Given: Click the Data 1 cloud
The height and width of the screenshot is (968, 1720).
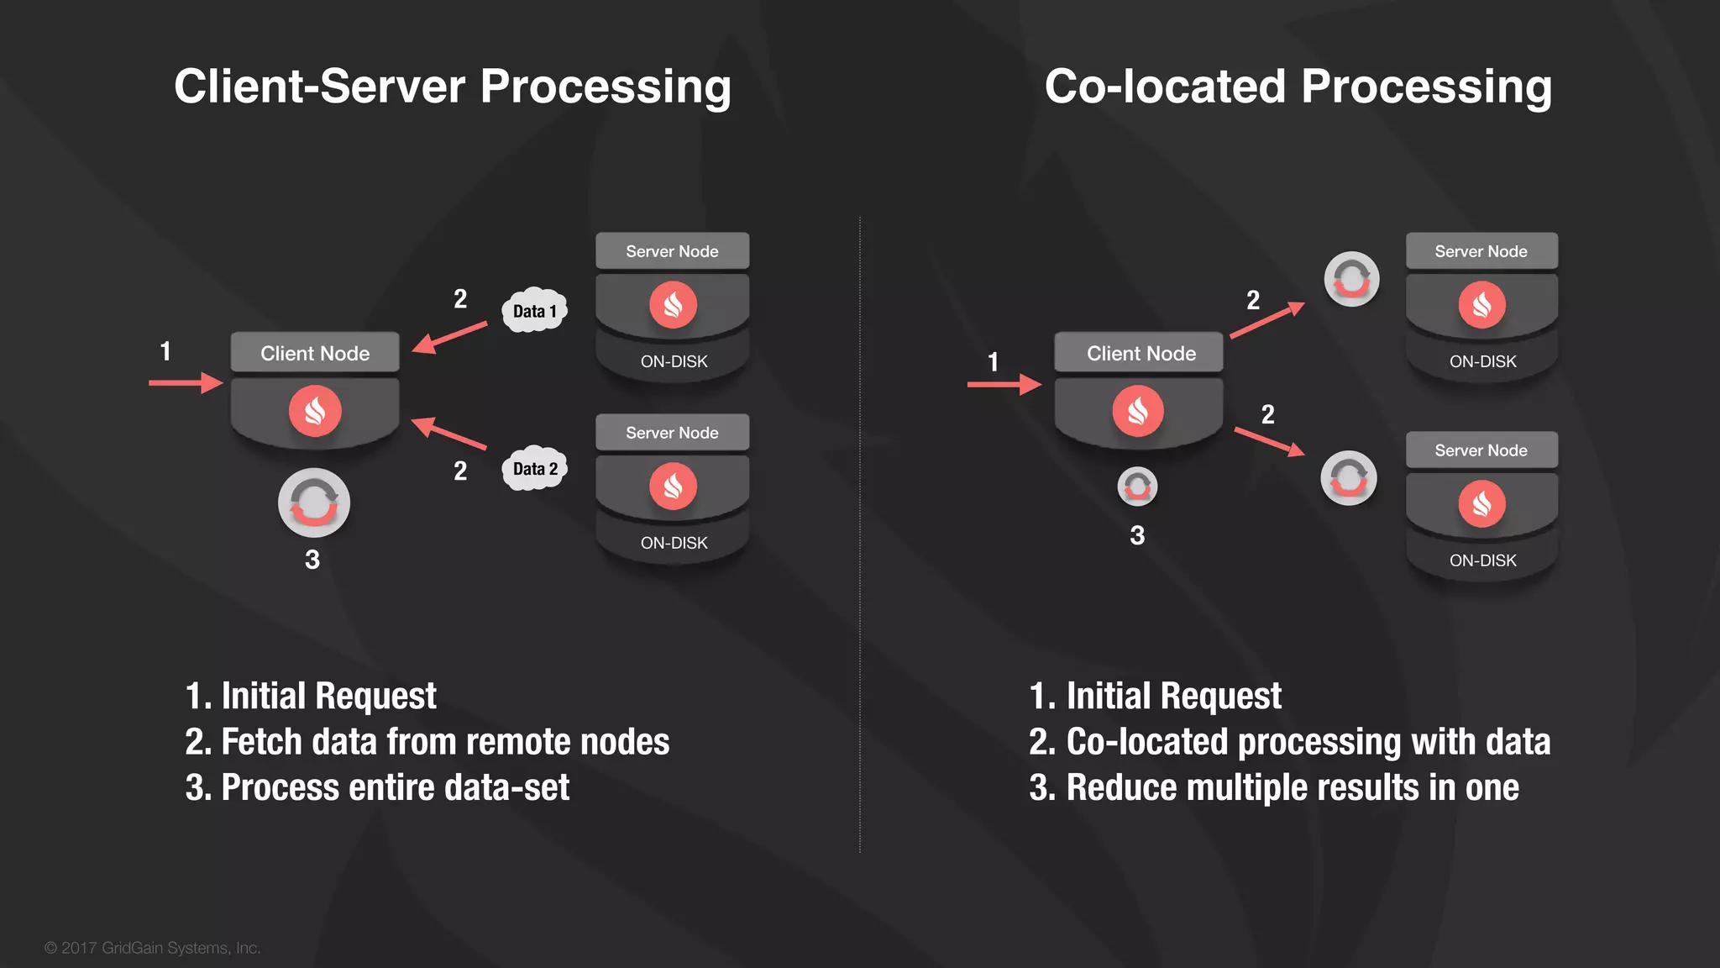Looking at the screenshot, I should click(x=534, y=311).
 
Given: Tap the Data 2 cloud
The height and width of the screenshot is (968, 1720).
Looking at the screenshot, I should click(x=534, y=469).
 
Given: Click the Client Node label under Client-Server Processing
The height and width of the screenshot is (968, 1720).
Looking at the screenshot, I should click(x=315, y=353).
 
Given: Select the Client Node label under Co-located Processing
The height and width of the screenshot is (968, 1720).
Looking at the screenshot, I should click(x=1141, y=353).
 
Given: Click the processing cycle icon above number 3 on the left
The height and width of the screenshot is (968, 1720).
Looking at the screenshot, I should click(x=314, y=502).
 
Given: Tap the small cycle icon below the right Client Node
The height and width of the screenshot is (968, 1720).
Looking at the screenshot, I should click(x=1137, y=486).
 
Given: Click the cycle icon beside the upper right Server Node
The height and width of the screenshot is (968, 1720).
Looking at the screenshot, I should click(x=1351, y=279).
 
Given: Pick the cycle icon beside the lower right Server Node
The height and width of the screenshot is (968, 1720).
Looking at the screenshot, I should click(x=1349, y=477).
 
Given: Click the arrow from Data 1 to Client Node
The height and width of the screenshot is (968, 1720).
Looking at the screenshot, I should click(x=450, y=337).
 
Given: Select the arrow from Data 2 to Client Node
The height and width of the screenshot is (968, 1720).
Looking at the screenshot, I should click(x=449, y=434).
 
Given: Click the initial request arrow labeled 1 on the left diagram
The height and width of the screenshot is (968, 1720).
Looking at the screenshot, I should click(x=186, y=383).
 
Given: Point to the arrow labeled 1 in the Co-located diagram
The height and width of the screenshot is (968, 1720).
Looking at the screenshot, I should click(x=1004, y=385).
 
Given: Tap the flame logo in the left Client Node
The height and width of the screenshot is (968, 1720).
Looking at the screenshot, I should click(x=315, y=411).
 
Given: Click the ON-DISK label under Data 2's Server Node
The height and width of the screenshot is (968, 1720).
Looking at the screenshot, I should click(x=674, y=543).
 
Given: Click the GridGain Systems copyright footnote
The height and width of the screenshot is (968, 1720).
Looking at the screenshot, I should click(x=153, y=948).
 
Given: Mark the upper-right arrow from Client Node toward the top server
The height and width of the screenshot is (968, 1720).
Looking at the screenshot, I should click(x=1266, y=320).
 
